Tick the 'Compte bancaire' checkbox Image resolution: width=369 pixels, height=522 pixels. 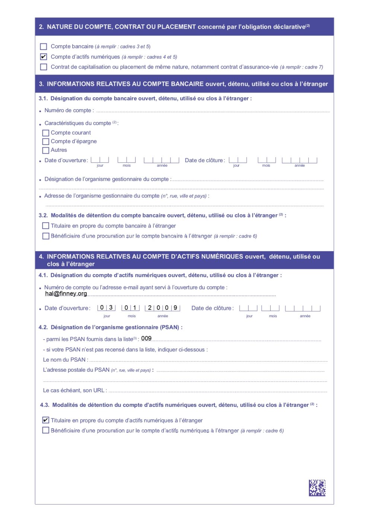point(44,47)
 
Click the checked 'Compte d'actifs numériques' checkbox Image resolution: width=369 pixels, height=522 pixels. point(44,57)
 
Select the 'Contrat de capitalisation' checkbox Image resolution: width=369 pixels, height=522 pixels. point(44,67)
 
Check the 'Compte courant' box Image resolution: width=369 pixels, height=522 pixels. point(46,133)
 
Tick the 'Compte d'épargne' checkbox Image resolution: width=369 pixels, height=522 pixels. point(46,142)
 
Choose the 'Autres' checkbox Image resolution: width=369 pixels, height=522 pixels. point(46,150)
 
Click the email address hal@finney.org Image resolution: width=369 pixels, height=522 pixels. point(66,293)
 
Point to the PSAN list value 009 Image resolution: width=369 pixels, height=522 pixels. point(146,339)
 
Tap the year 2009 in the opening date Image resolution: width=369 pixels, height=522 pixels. point(162,308)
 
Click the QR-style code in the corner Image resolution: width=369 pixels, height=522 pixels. point(317,488)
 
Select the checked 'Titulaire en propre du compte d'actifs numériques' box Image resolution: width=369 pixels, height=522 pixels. point(46,420)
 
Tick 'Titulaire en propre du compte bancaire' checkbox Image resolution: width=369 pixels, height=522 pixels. point(46,226)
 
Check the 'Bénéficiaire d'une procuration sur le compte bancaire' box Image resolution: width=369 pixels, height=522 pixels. point(46,236)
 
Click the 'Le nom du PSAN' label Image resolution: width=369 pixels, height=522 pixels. point(66,360)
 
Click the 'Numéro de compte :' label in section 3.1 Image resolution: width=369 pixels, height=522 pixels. point(69,110)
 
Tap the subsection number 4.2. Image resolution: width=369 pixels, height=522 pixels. point(44,327)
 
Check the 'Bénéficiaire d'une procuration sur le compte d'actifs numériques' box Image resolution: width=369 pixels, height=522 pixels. point(46,431)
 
